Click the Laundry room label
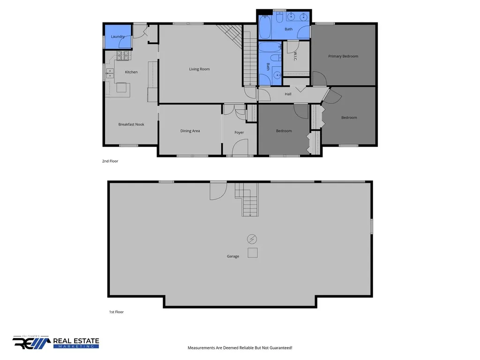(x=118, y=37)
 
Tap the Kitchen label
(x=131, y=72)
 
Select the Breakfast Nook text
(x=131, y=125)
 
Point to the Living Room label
(x=199, y=69)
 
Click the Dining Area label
(x=190, y=131)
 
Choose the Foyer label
(x=239, y=133)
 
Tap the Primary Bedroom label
(x=343, y=56)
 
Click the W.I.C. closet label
(x=295, y=56)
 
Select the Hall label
(x=288, y=94)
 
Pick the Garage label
(x=233, y=256)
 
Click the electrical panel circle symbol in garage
(x=252, y=239)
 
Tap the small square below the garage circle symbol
(x=253, y=253)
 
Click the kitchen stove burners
(x=123, y=56)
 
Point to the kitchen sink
(x=110, y=74)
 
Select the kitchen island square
(x=121, y=88)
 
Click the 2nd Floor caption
(x=110, y=161)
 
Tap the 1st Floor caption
(x=116, y=312)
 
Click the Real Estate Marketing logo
(x=56, y=342)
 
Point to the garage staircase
(x=247, y=200)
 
